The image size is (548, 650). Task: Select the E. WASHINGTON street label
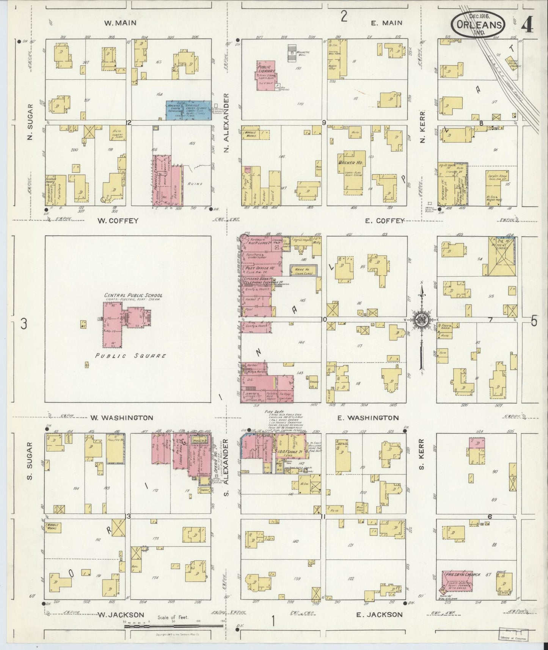pyautogui.click(x=368, y=418)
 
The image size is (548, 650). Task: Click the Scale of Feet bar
pyautogui.click(x=174, y=624)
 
